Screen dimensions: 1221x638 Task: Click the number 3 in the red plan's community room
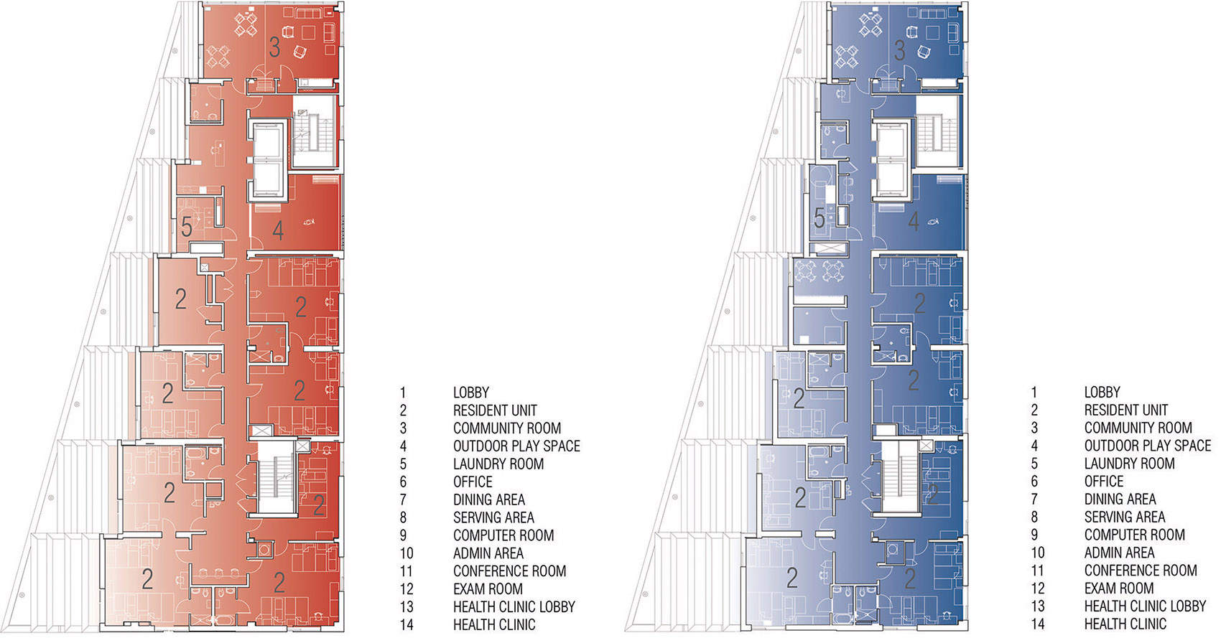(274, 47)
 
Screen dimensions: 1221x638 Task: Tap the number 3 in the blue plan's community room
(899, 50)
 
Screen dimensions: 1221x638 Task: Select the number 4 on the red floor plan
(278, 230)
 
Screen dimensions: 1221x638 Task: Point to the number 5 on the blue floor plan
(819, 218)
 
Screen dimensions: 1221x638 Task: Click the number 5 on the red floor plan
(187, 227)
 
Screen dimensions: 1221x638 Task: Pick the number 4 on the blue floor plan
(914, 221)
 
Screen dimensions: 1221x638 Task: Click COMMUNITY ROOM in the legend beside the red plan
(507, 428)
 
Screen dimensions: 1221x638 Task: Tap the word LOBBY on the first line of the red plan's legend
(471, 393)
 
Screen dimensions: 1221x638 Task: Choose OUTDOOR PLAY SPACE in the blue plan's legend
(1148, 446)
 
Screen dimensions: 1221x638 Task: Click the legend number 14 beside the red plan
(407, 624)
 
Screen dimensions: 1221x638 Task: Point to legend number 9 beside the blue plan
(1034, 535)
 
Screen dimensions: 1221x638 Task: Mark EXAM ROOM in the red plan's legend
(488, 589)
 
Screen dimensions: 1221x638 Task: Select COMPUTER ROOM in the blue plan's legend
(1134, 535)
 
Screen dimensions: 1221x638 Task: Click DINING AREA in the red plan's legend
(489, 499)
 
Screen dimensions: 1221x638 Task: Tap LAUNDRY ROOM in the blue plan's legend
(1129, 464)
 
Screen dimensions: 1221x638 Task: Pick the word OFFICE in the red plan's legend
(473, 482)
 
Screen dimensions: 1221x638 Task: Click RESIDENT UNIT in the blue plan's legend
(1126, 410)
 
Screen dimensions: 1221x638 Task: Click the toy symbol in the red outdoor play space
(309, 222)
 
